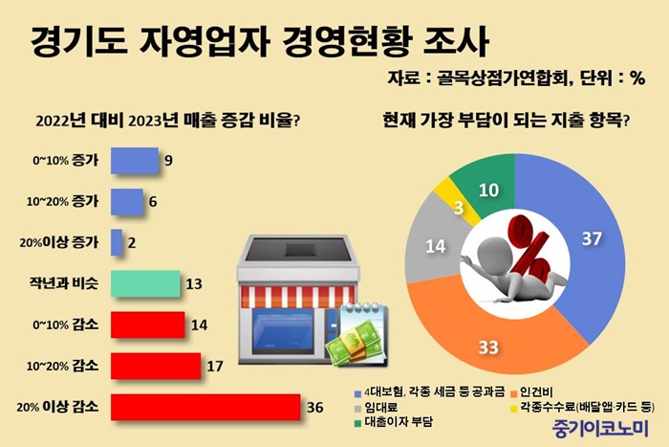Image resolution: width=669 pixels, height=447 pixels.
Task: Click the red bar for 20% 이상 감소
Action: pyautogui.click(x=205, y=407)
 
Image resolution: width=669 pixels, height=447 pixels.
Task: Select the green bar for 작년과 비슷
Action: pyautogui.click(x=145, y=283)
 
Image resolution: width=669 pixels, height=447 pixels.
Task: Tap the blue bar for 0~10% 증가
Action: pyautogui.click(x=135, y=161)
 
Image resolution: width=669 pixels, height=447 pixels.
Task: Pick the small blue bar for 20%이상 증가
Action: pyautogui.click(x=117, y=243)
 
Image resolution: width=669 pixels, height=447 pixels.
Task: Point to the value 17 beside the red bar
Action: pyautogui.click(x=215, y=367)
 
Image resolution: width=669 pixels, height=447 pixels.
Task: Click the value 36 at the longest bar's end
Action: pyautogui.click(x=314, y=407)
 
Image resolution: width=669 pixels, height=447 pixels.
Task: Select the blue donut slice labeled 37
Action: pyautogui.click(x=580, y=239)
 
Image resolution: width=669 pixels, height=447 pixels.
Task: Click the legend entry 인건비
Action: pyautogui.click(x=531, y=391)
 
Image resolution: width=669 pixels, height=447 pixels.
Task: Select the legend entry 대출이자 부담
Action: pyautogui.click(x=394, y=422)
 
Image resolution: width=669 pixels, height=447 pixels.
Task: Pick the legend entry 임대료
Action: pyautogui.click(x=377, y=407)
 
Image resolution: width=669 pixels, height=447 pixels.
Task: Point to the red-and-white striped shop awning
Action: pyautogui.click(x=298, y=297)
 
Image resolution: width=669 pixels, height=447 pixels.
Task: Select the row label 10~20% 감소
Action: pyautogui.click(x=62, y=367)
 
